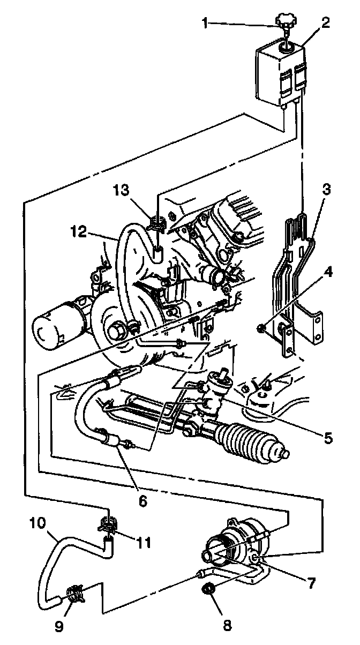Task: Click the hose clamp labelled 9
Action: [x=74, y=593]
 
